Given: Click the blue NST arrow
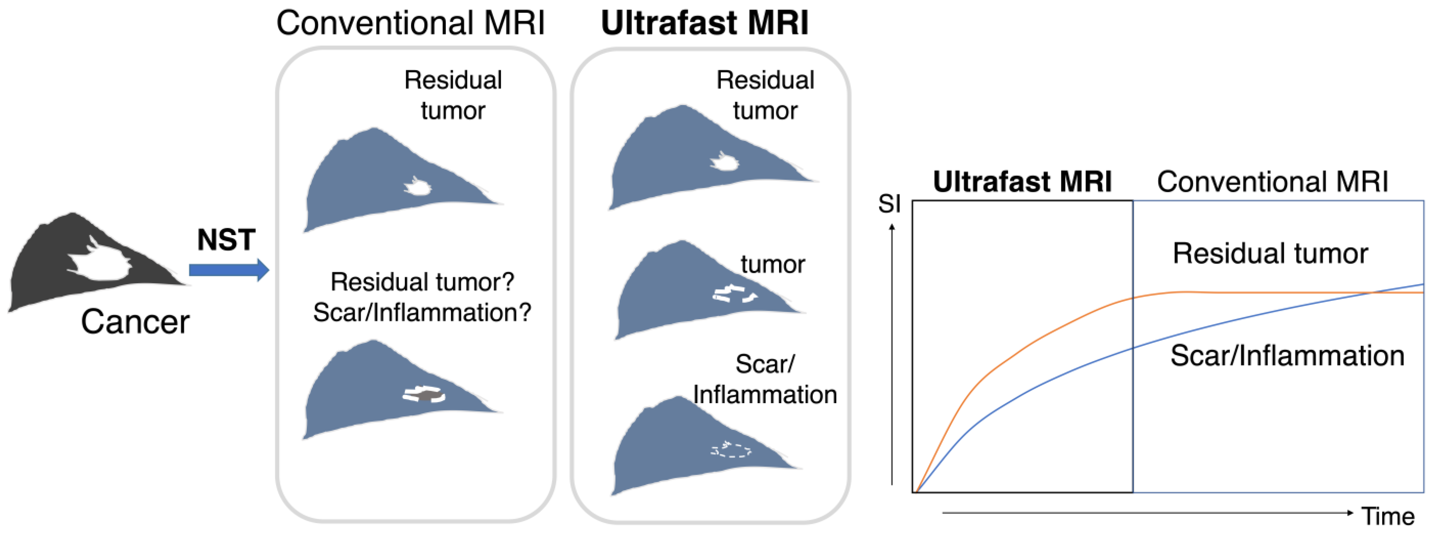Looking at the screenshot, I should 228,270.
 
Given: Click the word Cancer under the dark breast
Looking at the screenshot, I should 135,322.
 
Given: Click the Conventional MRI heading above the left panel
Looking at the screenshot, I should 411,24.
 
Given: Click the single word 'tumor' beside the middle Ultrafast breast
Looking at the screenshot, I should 773,264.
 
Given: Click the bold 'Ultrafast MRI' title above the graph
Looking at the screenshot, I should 1022,182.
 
